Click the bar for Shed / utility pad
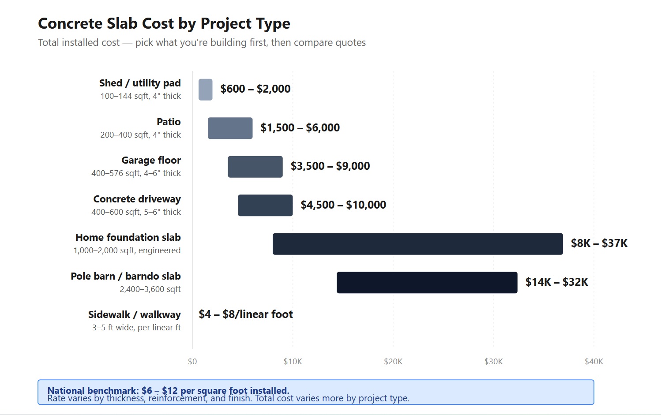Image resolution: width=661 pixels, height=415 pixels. point(205,90)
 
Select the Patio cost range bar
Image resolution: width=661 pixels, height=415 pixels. point(230,128)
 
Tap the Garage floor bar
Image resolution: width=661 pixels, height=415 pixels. point(255,167)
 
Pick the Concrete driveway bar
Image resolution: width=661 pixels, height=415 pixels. point(265,206)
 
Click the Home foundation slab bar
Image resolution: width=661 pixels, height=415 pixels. point(417,244)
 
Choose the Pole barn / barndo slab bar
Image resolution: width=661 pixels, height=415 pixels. point(427,283)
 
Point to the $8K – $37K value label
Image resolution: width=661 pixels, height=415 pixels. point(599,243)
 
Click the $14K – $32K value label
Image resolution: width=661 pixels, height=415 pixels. point(556,282)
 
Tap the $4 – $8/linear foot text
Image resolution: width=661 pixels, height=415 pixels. point(246,314)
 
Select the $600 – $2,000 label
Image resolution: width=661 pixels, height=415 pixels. point(255,89)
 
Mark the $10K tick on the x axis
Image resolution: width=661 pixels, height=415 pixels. point(293,362)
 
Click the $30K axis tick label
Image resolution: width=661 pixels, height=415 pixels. point(493,362)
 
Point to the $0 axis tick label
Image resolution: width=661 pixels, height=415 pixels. point(192,362)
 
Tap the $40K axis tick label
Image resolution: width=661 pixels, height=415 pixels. point(593,362)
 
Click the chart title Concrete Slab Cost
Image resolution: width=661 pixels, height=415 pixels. point(164,23)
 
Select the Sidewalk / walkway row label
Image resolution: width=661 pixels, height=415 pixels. point(134,314)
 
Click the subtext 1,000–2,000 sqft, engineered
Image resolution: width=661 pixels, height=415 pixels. point(127,250)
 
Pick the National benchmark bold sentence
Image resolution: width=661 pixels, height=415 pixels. point(168,390)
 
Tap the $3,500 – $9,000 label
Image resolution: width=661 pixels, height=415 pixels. point(330,166)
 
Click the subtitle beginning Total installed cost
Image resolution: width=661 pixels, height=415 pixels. point(202,43)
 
